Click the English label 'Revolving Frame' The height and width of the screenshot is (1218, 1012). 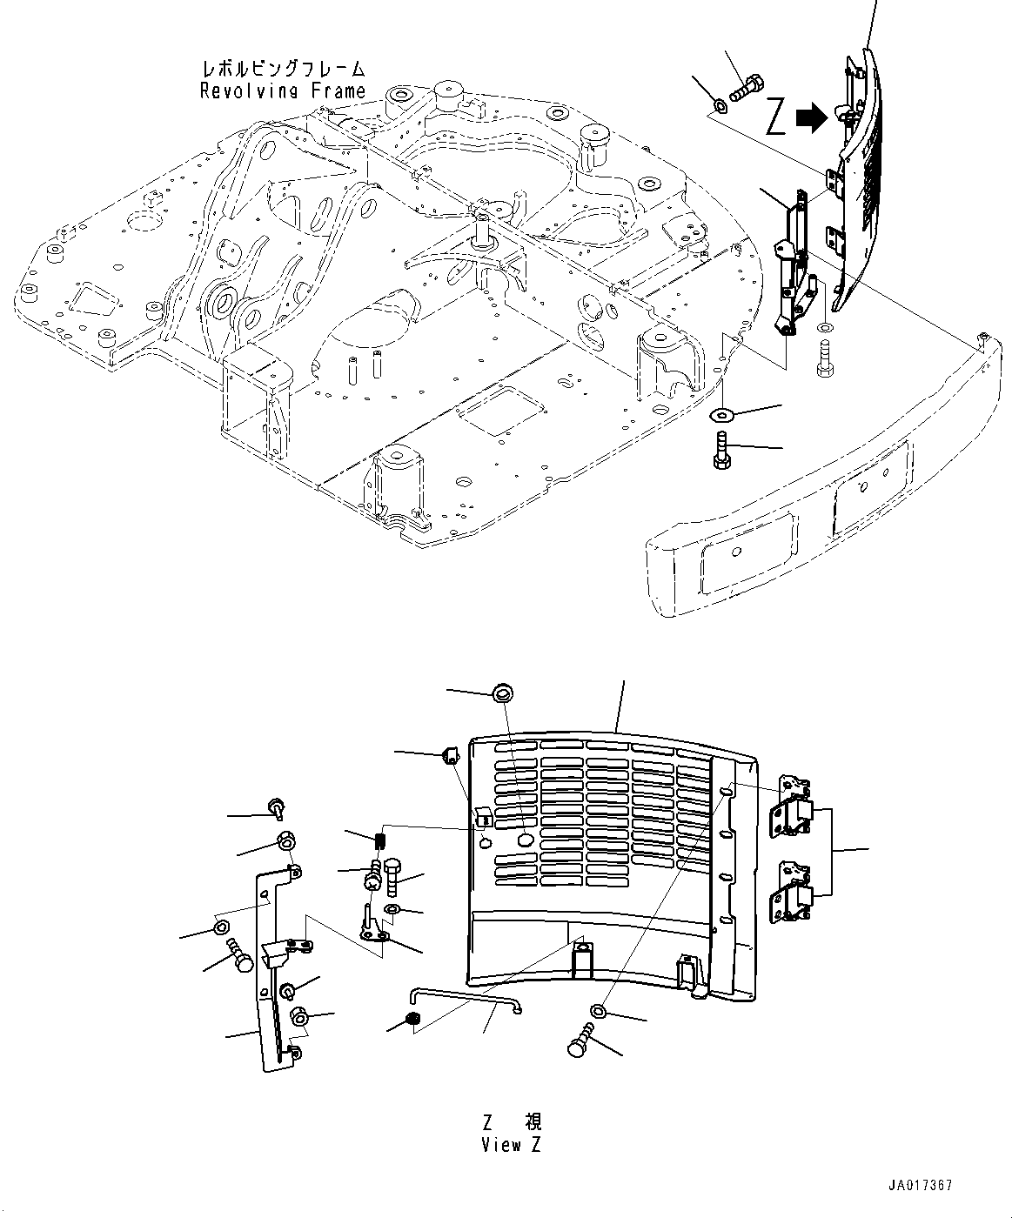pos(283,90)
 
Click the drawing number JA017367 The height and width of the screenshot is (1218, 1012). pos(920,1186)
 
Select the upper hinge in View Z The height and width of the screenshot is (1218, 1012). pos(794,806)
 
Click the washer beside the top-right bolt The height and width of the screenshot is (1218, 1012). pos(720,107)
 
